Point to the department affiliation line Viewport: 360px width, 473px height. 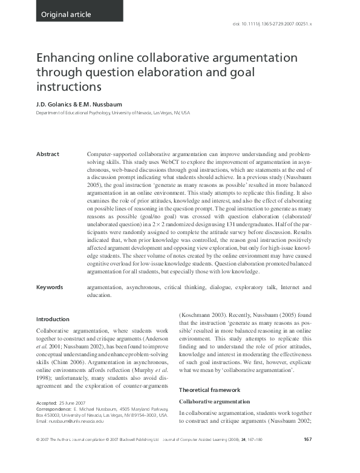click(x=113, y=113)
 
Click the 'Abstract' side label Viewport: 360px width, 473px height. click(x=48, y=154)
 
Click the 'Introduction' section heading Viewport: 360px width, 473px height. click(x=53, y=319)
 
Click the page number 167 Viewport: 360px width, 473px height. click(x=307, y=456)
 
